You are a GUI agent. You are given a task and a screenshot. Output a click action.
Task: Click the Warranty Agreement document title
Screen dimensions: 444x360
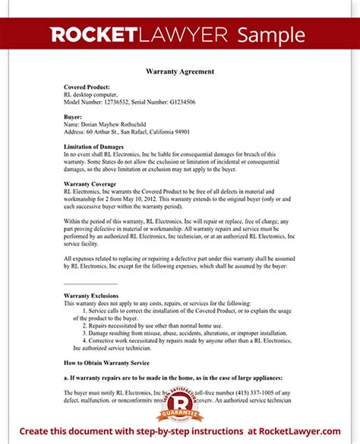tap(179, 71)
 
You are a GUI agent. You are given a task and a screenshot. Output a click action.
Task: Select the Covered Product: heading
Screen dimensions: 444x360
tap(87, 87)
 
